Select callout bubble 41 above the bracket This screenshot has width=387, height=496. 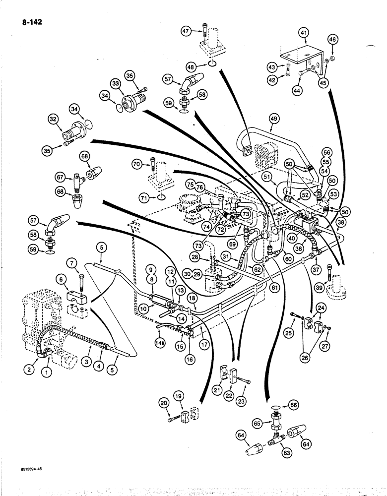304,33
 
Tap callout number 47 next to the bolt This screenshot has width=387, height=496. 187,31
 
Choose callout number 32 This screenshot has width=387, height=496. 54,119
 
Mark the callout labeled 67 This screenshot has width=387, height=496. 60,177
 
